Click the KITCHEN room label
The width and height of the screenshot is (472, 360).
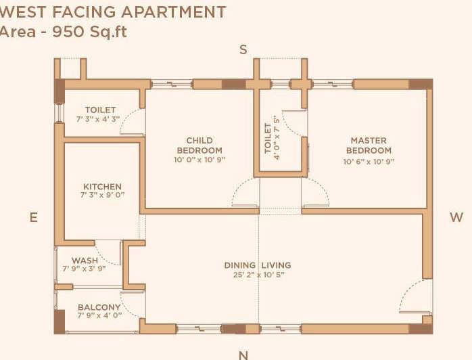click(102, 187)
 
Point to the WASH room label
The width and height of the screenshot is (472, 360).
click(85, 260)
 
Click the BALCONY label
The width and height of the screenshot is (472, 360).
click(99, 307)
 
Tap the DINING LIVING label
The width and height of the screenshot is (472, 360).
click(258, 265)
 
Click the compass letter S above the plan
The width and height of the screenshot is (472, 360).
click(243, 49)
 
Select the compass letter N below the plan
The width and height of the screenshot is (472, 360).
click(243, 354)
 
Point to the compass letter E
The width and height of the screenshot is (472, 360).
click(32, 217)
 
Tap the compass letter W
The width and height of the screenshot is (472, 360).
click(456, 217)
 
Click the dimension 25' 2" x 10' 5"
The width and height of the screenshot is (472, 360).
click(258, 275)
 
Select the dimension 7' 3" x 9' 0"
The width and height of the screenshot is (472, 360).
click(102, 196)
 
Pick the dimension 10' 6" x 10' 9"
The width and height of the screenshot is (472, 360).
click(368, 162)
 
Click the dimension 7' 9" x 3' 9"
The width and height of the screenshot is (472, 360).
click(85, 269)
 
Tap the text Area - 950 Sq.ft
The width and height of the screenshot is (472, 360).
click(64, 32)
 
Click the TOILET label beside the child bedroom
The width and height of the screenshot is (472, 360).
click(100, 110)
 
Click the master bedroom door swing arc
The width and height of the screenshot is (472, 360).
click(316, 193)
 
